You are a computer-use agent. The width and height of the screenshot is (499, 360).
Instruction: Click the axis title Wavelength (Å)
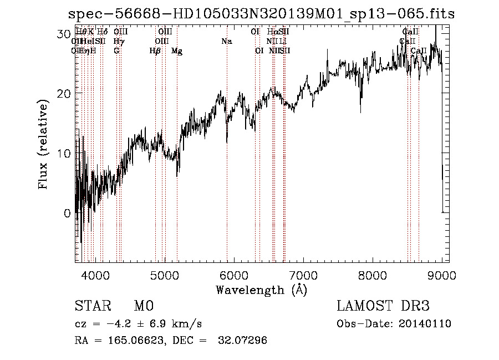(261, 289)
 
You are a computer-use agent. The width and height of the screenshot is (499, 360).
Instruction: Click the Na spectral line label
(226, 42)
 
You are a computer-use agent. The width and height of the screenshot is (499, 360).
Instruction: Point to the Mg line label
(177, 51)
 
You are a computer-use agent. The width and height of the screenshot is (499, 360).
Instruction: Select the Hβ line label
(155, 51)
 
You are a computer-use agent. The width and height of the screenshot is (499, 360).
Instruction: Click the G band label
(116, 51)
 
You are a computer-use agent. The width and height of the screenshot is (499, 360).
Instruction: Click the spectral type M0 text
(143, 306)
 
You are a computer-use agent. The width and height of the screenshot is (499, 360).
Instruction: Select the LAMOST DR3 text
(383, 306)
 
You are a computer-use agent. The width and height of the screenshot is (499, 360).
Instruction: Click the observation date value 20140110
(425, 324)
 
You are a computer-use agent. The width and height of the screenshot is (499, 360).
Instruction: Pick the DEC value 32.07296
(244, 340)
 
